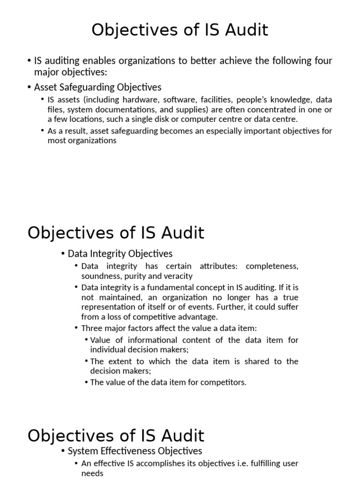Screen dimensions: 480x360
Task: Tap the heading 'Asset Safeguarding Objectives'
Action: click(x=97, y=87)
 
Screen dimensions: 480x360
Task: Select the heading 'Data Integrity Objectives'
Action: click(x=120, y=254)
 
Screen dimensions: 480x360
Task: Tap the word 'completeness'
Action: click(x=272, y=266)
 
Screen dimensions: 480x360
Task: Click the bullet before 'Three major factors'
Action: click(x=77, y=328)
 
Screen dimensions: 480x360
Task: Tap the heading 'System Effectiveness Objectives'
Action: click(x=135, y=451)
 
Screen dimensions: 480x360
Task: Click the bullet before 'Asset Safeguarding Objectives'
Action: click(x=30, y=88)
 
